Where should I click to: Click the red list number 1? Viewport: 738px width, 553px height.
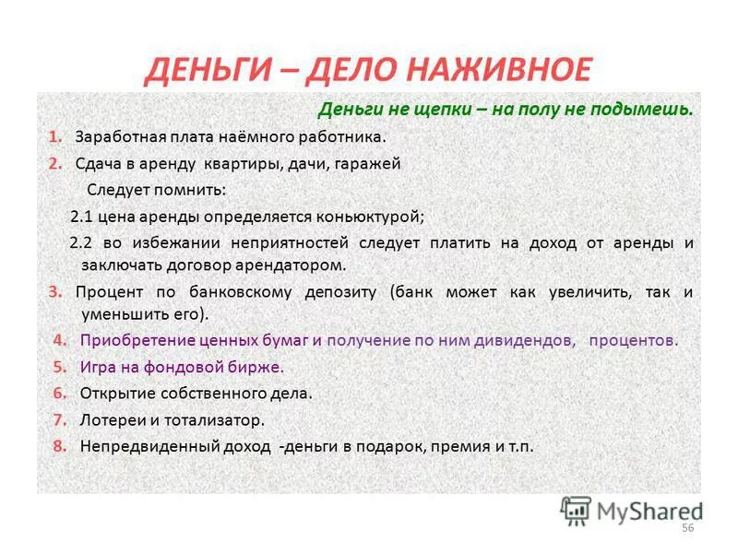pyautogui.click(x=54, y=136)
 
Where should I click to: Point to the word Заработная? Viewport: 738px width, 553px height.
pyautogui.click(x=122, y=136)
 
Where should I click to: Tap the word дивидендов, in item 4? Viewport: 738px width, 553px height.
pyautogui.click(x=524, y=339)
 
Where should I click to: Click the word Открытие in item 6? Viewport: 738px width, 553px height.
pyautogui.click(x=113, y=393)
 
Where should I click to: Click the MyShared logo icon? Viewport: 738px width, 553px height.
pyautogui.click(x=576, y=511)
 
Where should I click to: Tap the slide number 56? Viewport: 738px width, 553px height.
pyautogui.click(x=686, y=526)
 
